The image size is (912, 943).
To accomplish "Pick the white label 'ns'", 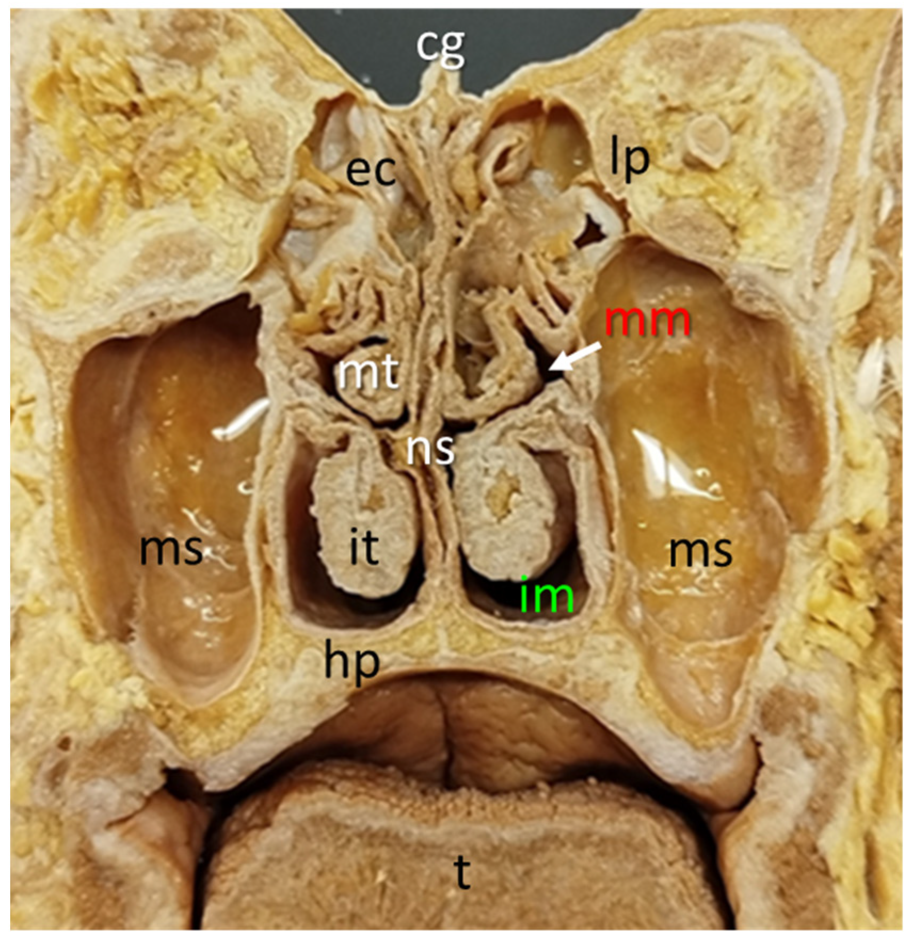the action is (431, 449).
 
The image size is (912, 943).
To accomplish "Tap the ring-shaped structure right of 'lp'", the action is (707, 139).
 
